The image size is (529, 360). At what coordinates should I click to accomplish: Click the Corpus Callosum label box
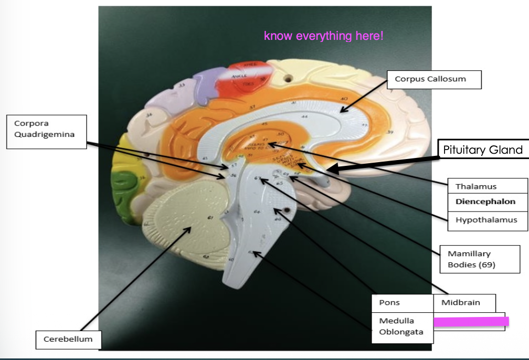click(430, 79)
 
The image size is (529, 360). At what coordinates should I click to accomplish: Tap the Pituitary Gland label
click(482, 150)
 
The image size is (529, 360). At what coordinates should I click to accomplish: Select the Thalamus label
click(476, 186)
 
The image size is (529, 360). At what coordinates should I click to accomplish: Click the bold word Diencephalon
click(485, 202)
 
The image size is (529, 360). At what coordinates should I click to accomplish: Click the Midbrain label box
click(460, 303)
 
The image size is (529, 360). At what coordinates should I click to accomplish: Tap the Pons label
click(390, 303)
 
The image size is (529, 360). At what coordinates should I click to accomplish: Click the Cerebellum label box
click(68, 339)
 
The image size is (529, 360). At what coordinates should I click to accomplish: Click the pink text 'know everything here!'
click(323, 36)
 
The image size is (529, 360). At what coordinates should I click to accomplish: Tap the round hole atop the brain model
click(287, 79)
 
